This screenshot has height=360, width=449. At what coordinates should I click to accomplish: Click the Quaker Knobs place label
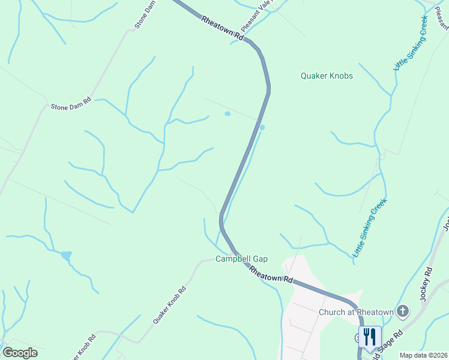pyautogui.click(x=327, y=76)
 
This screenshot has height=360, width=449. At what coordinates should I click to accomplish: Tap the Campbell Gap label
pyautogui.click(x=241, y=259)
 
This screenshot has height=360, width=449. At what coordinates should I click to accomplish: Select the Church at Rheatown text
pyautogui.click(x=356, y=311)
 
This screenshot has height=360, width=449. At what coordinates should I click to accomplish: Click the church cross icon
pyautogui.click(x=403, y=311)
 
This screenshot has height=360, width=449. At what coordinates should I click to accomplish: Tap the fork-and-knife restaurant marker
pyautogui.click(x=369, y=337)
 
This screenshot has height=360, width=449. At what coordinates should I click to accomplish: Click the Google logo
pyautogui.click(x=20, y=353)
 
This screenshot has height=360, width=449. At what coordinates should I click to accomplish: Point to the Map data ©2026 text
pyautogui.click(x=423, y=355)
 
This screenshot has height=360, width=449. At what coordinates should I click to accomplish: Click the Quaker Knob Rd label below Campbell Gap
pyautogui.click(x=169, y=305)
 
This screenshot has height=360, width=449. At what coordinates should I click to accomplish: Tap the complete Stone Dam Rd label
pyautogui.click(x=70, y=103)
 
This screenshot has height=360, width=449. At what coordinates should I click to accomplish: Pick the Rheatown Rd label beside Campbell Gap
pyautogui.click(x=271, y=275)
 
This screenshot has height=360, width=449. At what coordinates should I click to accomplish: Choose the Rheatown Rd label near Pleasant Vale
pyautogui.click(x=223, y=28)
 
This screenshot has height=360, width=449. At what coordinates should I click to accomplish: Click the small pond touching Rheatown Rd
pyautogui.click(x=262, y=127)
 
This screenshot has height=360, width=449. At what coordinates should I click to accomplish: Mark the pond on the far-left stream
pyautogui.click(x=65, y=256)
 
